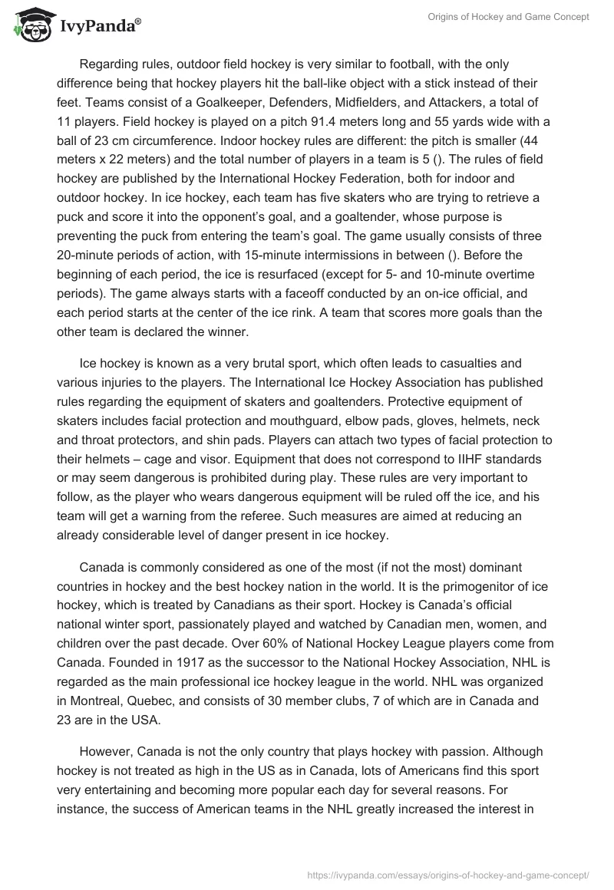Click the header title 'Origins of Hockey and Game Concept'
[x=509, y=18]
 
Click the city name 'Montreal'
[x=97, y=701]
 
